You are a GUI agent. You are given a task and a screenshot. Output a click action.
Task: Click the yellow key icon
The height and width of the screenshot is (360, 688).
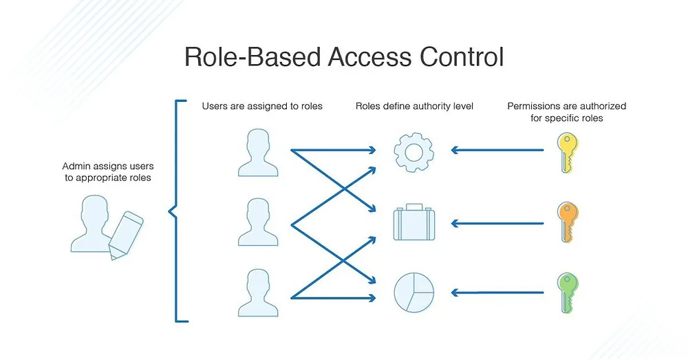pos(568,152)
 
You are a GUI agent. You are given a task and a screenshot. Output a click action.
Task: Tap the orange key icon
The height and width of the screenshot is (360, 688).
pos(568,222)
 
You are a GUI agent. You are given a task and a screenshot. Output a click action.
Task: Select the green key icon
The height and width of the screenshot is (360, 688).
pos(568,293)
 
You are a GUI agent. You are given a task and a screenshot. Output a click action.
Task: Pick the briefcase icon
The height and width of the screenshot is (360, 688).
pos(413,224)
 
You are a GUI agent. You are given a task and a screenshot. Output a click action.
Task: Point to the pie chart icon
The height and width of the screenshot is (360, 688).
pos(413,293)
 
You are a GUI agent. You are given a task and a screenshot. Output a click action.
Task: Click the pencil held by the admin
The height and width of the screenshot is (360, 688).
pos(126,235)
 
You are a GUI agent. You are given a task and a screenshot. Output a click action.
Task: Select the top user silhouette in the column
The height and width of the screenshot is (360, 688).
pos(258,153)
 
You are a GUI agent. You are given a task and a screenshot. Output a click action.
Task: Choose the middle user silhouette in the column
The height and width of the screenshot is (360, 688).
pos(258,222)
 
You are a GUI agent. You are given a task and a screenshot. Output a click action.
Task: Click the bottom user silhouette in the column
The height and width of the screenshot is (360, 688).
pos(258,293)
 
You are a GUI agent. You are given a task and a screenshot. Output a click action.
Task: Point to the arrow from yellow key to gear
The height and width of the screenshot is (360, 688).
pos(497,150)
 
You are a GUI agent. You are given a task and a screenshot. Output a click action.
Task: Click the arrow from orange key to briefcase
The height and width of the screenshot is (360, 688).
pos(497,224)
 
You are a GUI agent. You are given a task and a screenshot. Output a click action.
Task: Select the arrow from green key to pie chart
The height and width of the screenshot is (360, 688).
pos(497,293)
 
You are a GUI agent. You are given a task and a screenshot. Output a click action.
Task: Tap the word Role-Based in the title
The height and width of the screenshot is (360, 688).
pos(252,56)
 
